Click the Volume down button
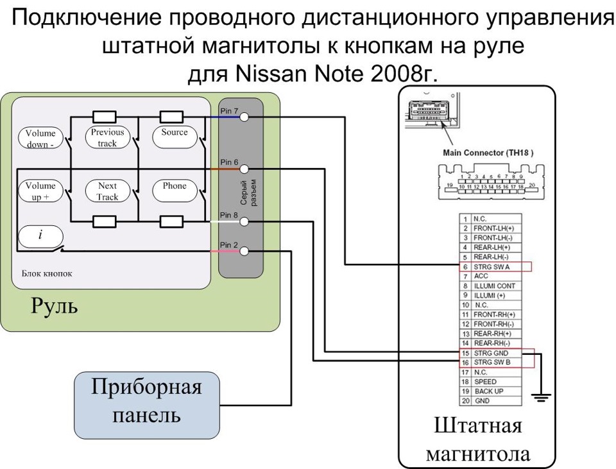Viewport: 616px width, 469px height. (40, 138)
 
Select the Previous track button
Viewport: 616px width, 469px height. (107, 137)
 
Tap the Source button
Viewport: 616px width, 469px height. (175, 137)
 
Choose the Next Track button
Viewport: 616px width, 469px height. (108, 191)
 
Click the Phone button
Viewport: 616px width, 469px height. (175, 191)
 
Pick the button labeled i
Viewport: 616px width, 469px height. (40, 236)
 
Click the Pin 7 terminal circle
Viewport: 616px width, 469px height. (244, 117)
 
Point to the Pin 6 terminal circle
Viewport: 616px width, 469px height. (244, 169)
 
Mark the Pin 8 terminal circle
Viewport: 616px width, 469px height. (244, 222)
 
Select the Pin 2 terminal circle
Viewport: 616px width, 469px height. (244, 251)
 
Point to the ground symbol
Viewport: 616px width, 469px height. (541, 398)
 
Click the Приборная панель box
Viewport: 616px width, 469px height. (147, 405)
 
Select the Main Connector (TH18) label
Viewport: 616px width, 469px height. (488, 153)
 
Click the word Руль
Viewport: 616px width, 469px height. (54, 305)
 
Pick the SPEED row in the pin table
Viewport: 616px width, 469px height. (491, 382)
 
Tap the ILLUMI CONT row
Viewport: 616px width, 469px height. (491, 286)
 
